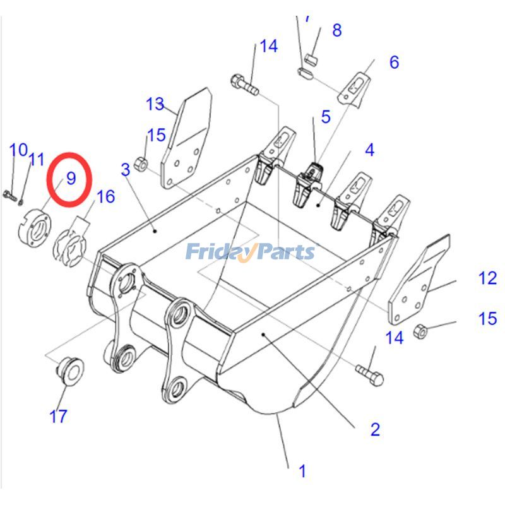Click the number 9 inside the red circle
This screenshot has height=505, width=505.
pos(71,178)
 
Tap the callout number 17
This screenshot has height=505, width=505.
pos(58,417)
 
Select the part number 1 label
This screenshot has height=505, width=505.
pos(302,471)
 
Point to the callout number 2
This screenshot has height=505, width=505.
pos(375,430)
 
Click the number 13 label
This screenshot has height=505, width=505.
pos(155,104)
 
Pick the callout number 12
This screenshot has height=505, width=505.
pos(487,278)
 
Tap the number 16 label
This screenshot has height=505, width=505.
pos(105,197)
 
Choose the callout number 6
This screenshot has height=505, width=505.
pos(394,62)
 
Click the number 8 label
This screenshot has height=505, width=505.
pos(336,30)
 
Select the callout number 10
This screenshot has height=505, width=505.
pos(18,150)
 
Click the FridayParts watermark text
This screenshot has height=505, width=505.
pos(250,252)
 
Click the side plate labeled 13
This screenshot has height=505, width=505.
pos(186,139)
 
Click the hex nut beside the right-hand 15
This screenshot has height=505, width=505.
pos(423,330)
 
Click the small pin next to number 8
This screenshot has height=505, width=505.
pos(309,59)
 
